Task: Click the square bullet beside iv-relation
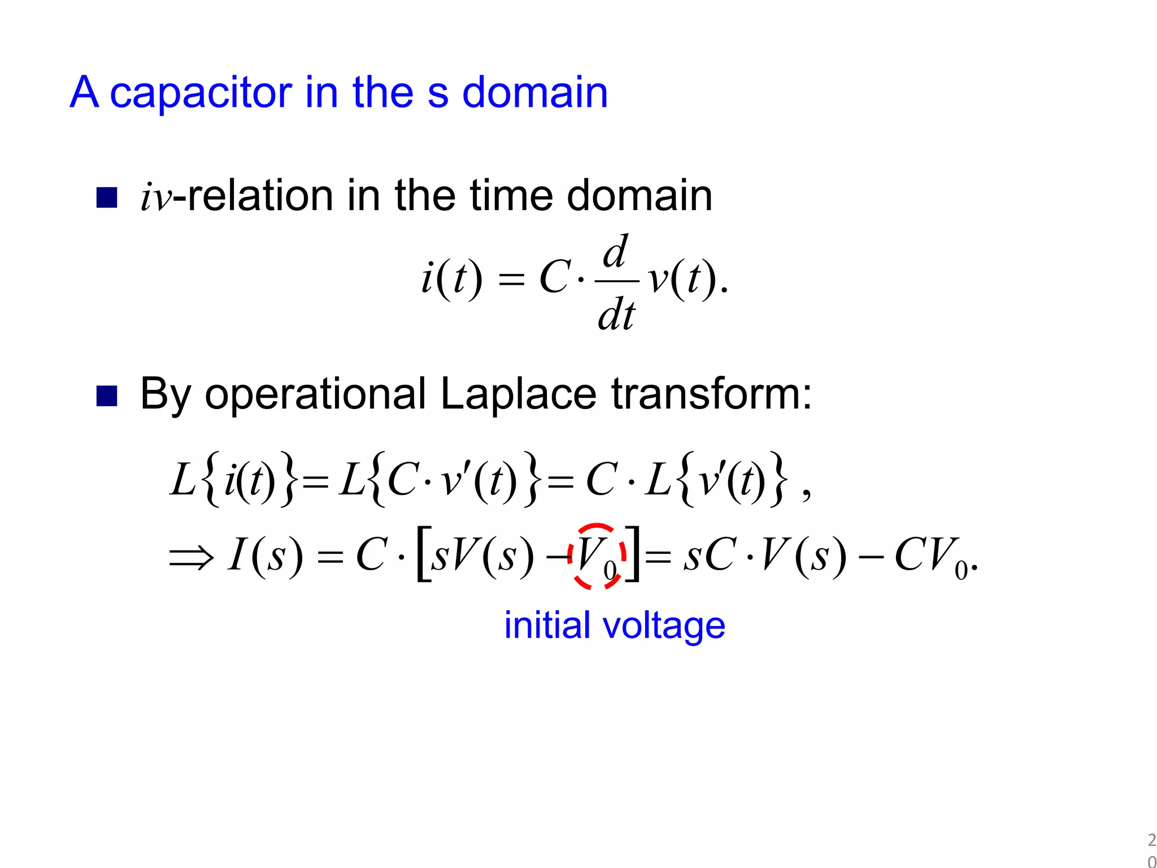[x=107, y=198]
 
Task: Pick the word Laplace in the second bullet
[x=518, y=394]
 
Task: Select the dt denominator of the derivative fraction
[x=616, y=314]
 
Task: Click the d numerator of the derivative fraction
[x=615, y=251]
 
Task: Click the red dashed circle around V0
[x=598, y=556]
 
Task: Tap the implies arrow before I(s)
[x=192, y=557]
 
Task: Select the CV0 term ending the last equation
[x=932, y=557]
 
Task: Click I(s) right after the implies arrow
[x=265, y=556]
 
